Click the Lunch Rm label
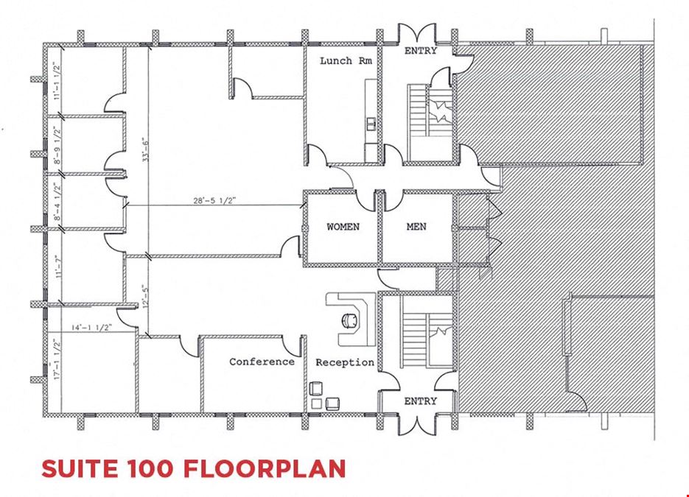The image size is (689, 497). click(x=346, y=60)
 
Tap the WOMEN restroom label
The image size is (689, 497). click(x=343, y=227)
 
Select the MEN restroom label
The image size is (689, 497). click(x=416, y=227)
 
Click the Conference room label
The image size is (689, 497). click(x=262, y=362)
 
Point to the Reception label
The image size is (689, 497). click(x=345, y=363)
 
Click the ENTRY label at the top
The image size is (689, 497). click(x=421, y=51)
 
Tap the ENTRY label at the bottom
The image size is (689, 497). click(x=421, y=401)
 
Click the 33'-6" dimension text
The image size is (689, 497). click(x=145, y=149)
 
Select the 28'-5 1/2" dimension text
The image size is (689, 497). click(x=215, y=201)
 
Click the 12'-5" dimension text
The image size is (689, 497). click(x=146, y=296)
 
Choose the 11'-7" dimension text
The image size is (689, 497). click(x=57, y=267)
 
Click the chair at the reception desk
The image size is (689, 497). click(x=350, y=320)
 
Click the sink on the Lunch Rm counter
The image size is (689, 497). click(x=371, y=124)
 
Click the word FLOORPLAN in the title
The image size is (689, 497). click(x=264, y=468)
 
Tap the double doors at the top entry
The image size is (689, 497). click(x=417, y=35)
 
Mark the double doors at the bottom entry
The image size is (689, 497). click(x=417, y=425)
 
